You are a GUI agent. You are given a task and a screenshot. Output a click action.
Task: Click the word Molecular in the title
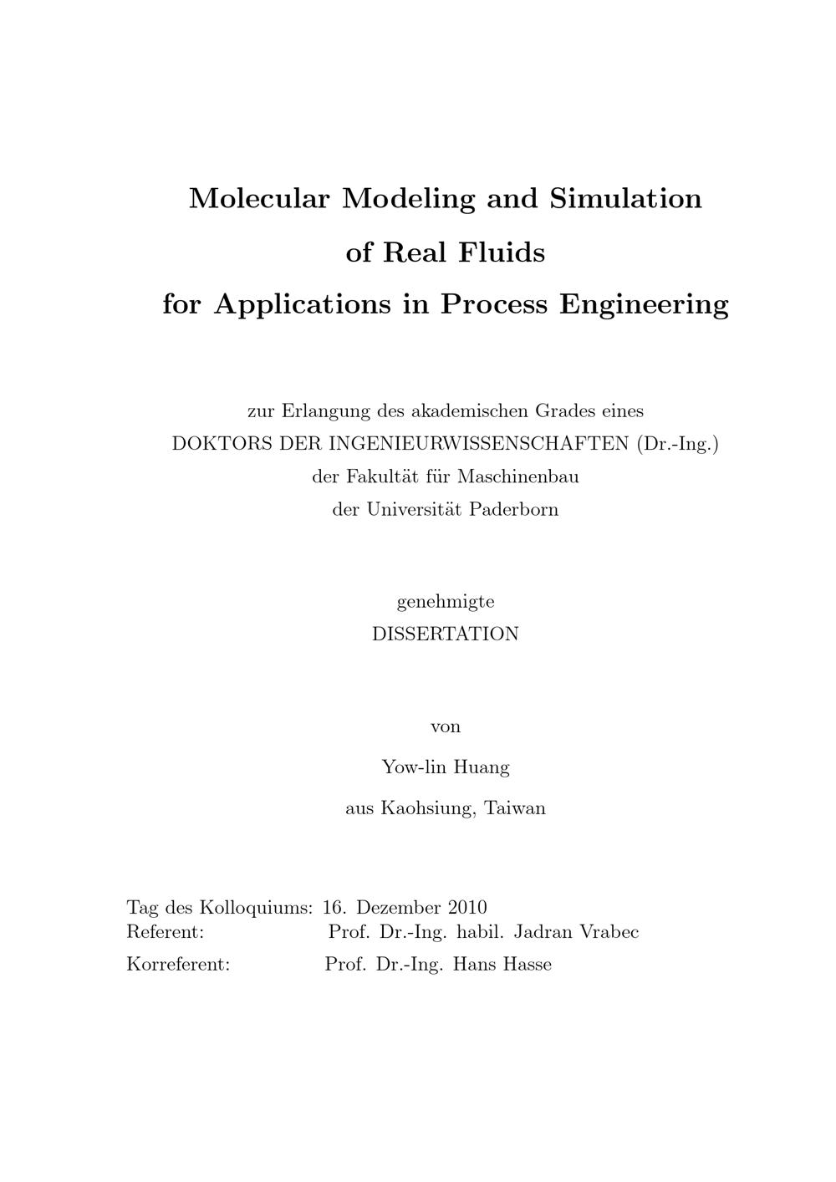click(262, 199)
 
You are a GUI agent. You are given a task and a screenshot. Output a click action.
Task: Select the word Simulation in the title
click(625, 199)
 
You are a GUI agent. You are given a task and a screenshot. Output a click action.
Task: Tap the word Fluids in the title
click(501, 252)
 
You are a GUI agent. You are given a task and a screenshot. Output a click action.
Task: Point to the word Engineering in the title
click(644, 304)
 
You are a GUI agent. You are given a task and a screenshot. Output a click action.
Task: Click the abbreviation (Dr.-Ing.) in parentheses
click(677, 444)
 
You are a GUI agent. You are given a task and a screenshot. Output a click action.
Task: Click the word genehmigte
click(446, 602)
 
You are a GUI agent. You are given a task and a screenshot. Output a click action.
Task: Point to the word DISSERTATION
click(446, 634)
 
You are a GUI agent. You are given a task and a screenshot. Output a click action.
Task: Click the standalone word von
click(446, 726)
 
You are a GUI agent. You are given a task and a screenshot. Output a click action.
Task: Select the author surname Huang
click(483, 767)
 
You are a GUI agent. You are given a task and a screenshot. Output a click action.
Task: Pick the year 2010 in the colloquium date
click(467, 908)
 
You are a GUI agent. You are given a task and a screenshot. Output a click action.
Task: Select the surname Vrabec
click(607, 932)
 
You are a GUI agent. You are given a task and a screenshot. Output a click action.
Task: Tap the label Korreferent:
click(178, 965)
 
